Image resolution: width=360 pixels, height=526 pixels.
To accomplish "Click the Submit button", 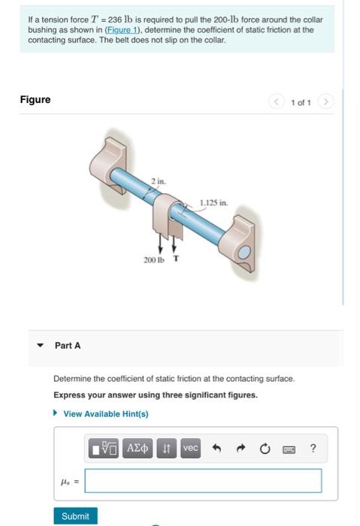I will (x=75, y=516).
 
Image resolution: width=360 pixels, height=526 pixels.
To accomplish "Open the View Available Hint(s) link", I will (x=105, y=413).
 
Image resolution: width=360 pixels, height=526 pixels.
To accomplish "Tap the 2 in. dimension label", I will (x=158, y=181).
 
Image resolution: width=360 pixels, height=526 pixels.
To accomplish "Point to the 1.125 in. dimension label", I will (x=213, y=201).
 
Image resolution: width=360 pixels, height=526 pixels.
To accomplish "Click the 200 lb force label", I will (x=153, y=259).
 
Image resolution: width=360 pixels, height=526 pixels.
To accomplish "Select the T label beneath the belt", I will (x=177, y=258).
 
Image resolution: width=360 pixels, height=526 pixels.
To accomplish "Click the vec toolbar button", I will (x=191, y=449).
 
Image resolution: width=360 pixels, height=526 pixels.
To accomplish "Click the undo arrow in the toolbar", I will (x=217, y=449).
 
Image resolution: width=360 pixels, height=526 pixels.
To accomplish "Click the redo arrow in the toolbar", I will (x=241, y=449).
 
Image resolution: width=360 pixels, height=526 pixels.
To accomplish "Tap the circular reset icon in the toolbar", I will (x=265, y=449).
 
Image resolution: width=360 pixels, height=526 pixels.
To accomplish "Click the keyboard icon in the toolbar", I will (x=289, y=449).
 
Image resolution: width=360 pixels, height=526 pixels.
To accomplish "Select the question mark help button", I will (x=313, y=449).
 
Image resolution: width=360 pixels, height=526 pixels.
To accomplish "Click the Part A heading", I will (x=68, y=346).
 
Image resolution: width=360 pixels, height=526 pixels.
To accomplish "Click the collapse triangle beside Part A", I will (x=41, y=346).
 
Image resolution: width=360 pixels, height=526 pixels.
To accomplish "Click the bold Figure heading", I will (x=35, y=100).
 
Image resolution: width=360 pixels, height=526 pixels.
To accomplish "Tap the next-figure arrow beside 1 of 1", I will (x=326, y=101).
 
